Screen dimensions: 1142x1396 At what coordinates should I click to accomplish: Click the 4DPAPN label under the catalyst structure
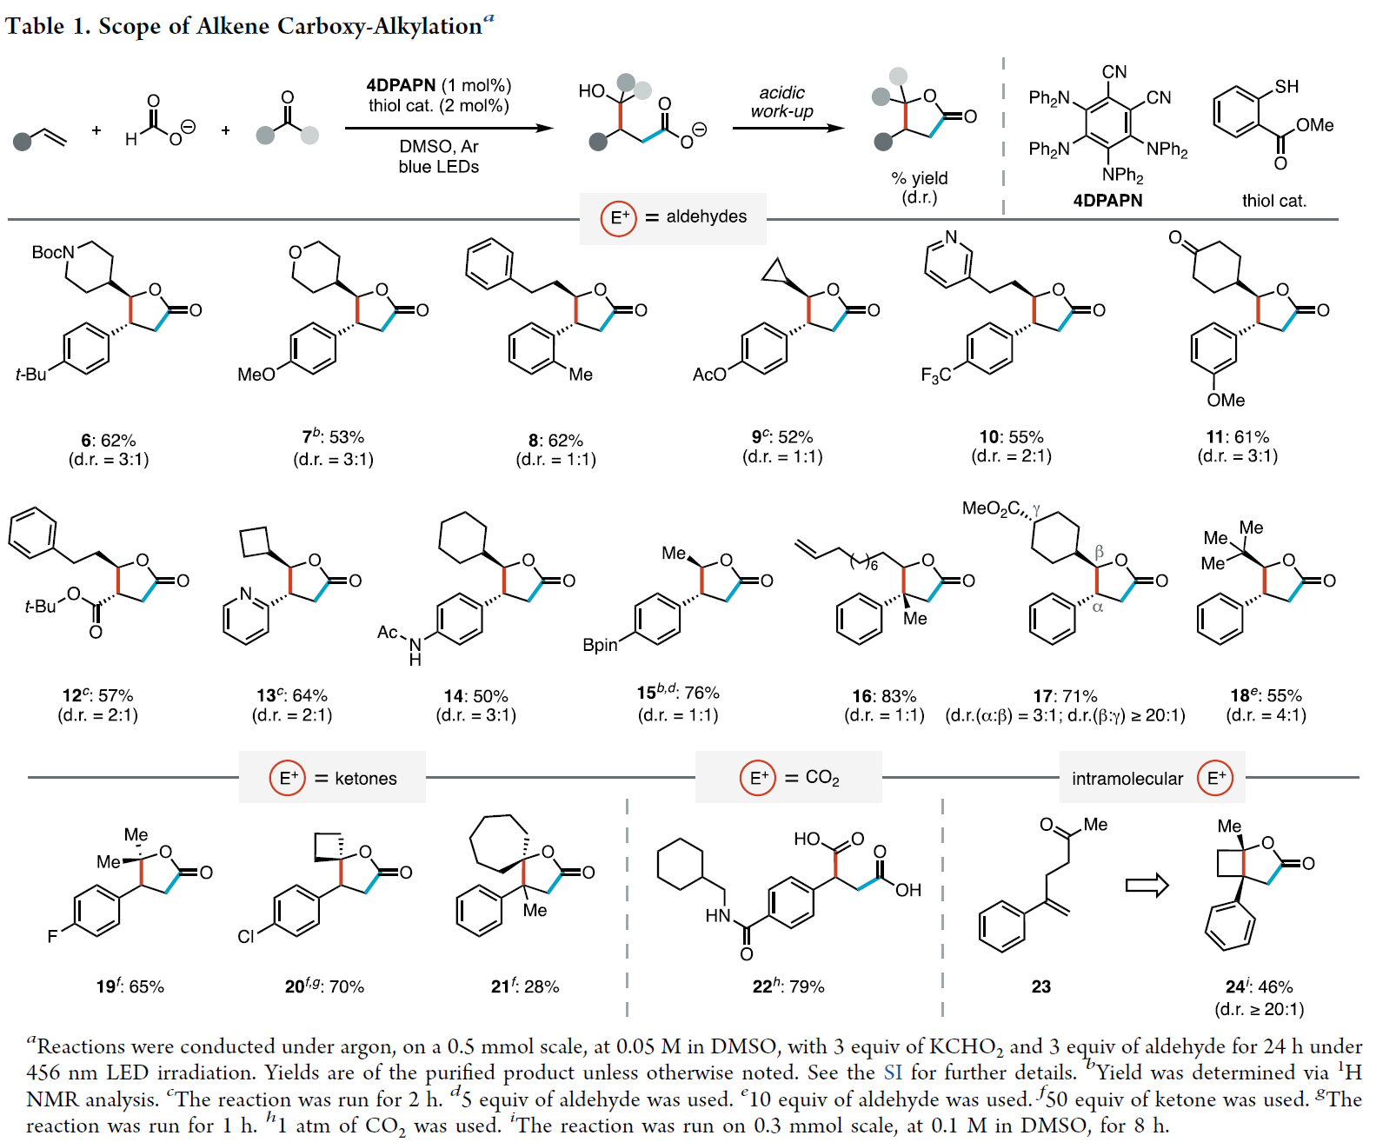coord(1107,200)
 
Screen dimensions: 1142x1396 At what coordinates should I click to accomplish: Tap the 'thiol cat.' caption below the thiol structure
coord(1273,201)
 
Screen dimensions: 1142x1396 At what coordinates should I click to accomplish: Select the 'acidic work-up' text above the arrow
coord(781,102)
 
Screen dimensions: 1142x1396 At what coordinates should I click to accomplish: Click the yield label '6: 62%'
coord(109,440)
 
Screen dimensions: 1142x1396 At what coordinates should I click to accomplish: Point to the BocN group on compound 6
coord(52,252)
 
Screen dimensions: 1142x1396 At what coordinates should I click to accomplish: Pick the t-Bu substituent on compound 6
coord(31,374)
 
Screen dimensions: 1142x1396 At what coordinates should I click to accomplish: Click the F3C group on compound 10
coord(935,375)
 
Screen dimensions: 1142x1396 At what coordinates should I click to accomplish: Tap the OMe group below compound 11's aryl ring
coord(1226,400)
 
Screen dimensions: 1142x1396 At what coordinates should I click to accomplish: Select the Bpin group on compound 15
coord(600,645)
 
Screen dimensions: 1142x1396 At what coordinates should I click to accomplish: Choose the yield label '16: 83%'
coord(884,696)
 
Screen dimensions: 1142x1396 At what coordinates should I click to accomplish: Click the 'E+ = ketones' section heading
coord(333,778)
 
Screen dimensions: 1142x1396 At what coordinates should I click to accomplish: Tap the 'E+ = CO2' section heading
coord(789,777)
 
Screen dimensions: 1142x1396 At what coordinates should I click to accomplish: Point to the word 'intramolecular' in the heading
coord(1127,779)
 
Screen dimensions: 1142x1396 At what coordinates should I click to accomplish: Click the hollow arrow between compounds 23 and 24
coord(1147,886)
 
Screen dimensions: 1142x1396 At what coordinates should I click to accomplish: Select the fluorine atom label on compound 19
coord(52,936)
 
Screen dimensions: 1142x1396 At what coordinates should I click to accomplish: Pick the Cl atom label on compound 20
coord(246,936)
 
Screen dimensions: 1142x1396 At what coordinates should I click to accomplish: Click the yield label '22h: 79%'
coord(788,986)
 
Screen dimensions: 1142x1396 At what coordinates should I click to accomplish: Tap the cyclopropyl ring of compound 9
coord(774,272)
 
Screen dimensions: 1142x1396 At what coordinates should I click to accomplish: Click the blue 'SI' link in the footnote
coord(893,1072)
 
